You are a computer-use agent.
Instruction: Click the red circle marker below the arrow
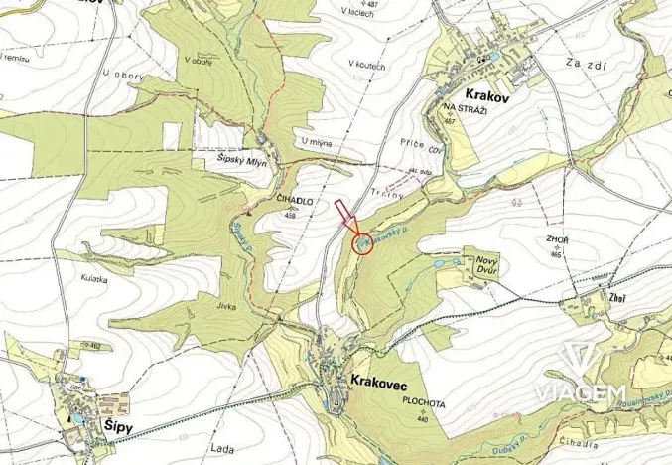point(363,243)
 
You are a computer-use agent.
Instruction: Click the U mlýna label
point(315,143)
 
